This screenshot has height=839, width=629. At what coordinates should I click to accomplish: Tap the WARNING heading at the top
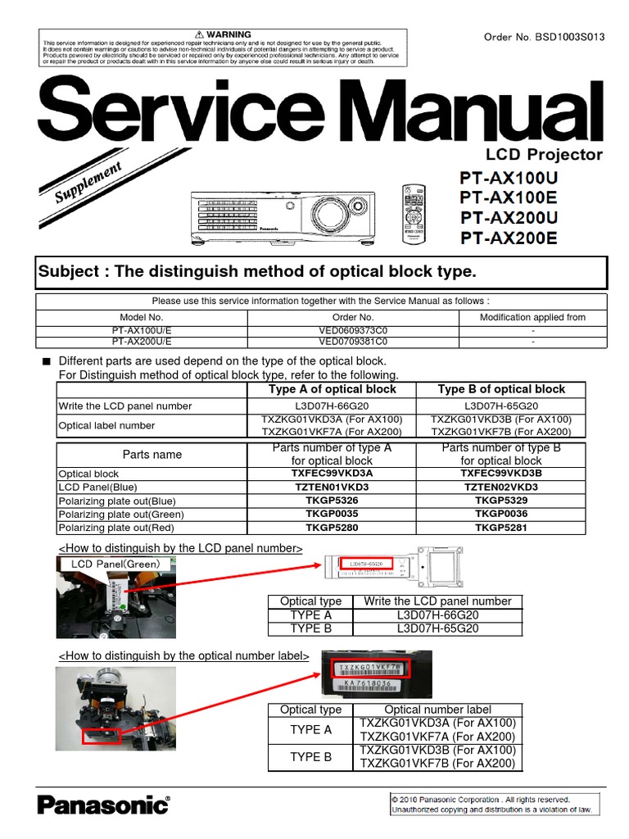(x=222, y=34)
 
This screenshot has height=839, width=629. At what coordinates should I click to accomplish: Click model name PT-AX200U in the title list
(x=509, y=218)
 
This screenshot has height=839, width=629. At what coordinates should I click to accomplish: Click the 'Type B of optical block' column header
(x=501, y=389)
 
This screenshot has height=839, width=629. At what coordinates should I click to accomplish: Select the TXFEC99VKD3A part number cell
(x=331, y=474)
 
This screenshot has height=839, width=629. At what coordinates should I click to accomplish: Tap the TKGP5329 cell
(x=501, y=501)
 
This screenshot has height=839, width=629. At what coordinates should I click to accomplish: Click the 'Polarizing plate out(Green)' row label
(x=121, y=515)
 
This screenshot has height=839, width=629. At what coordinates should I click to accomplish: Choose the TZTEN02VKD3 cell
(x=501, y=487)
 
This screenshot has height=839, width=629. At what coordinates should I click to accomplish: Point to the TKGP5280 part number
(x=331, y=528)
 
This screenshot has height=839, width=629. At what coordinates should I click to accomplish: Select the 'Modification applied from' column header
(x=532, y=317)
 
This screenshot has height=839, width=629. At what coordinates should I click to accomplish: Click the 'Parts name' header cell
(x=152, y=454)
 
